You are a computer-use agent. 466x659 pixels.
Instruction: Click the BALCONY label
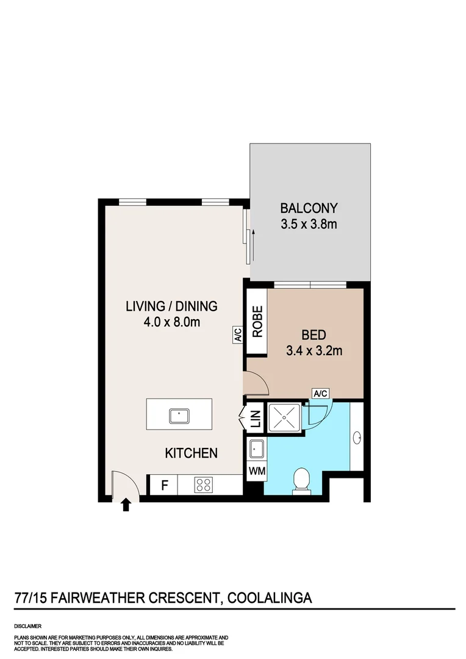pos(309,208)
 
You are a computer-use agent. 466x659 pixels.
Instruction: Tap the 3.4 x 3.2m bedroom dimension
pos(314,350)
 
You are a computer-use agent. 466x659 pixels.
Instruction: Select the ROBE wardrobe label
pos(257,322)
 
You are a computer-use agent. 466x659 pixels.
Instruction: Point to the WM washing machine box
pos(257,471)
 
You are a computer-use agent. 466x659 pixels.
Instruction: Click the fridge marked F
pos(165,486)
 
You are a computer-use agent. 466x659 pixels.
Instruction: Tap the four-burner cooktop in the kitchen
pos(204,486)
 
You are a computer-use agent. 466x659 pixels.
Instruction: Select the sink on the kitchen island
pos(179,416)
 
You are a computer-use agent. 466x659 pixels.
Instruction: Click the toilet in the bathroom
pos(302,480)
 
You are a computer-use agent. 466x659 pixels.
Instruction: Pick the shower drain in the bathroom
pos(284,417)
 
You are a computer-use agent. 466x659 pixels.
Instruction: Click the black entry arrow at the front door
pos(125,505)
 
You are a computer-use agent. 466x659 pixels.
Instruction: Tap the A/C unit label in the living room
pos(237,335)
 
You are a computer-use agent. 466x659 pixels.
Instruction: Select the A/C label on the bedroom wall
pos(320,394)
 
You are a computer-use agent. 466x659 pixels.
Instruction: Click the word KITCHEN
pos(191,453)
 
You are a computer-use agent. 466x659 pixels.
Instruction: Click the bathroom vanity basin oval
pos(357,438)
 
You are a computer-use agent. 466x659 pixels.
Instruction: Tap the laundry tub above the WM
pos(256,449)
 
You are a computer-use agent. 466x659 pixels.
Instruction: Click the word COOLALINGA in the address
pos(270,597)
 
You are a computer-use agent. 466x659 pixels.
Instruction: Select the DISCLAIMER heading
pos(27,626)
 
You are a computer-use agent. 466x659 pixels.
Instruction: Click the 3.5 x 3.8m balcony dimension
pos(309,224)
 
